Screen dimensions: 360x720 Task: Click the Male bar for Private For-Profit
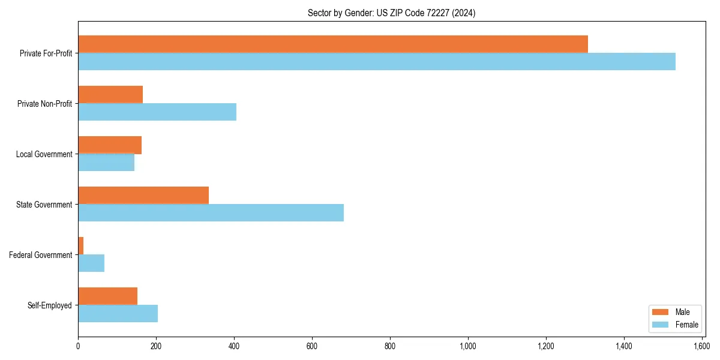point(333,44)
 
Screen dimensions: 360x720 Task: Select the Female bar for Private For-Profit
point(377,61)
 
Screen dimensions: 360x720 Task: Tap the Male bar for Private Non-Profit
point(110,94)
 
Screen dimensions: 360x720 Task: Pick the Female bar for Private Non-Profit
point(157,112)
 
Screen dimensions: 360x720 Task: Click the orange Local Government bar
point(110,145)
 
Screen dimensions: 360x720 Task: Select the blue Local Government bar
point(106,162)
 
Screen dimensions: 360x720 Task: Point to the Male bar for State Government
point(143,195)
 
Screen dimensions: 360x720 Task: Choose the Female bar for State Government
point(211,212)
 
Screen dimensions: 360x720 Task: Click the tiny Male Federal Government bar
point(81,245)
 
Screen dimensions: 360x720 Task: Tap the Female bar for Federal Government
point(91,263)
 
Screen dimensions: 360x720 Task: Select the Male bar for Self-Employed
point(108,296)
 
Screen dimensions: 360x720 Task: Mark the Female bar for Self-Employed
point(118,313)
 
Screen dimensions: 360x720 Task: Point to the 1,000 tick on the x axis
point(468,346)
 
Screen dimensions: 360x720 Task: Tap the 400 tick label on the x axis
point(234,346)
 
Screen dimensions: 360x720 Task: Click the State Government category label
point(44,205)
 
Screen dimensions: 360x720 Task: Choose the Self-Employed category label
point(49,305)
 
